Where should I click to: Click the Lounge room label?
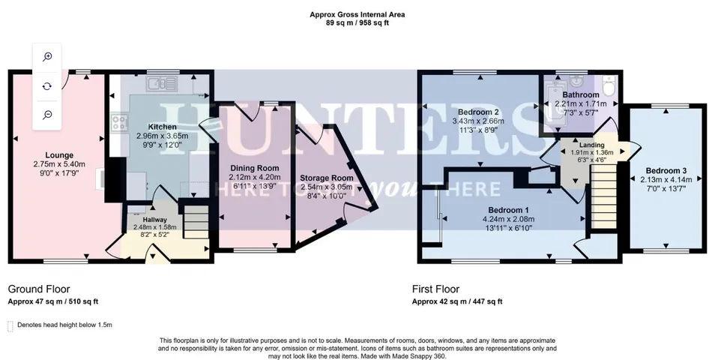[x=59, y=155]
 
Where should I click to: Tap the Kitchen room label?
[x=162, y=127]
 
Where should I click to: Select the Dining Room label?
[x=254, y=168]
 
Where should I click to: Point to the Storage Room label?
[x=327, y=178]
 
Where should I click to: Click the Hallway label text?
[x=155, y=220]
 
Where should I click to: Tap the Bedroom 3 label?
[x=666, y=171]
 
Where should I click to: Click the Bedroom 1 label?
[x=509, y=210]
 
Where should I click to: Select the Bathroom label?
[x=581, y=95]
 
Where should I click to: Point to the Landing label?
[x=591, y=145]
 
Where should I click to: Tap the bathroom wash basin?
[x=576, y=81]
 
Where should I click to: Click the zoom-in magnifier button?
[x=47, y=57]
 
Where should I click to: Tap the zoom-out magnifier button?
[x=47, y=115]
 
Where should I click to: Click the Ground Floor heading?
[x=39, y=289]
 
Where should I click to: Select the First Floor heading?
[x=436, y=289]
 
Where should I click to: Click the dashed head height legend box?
[x=10, y=326]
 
